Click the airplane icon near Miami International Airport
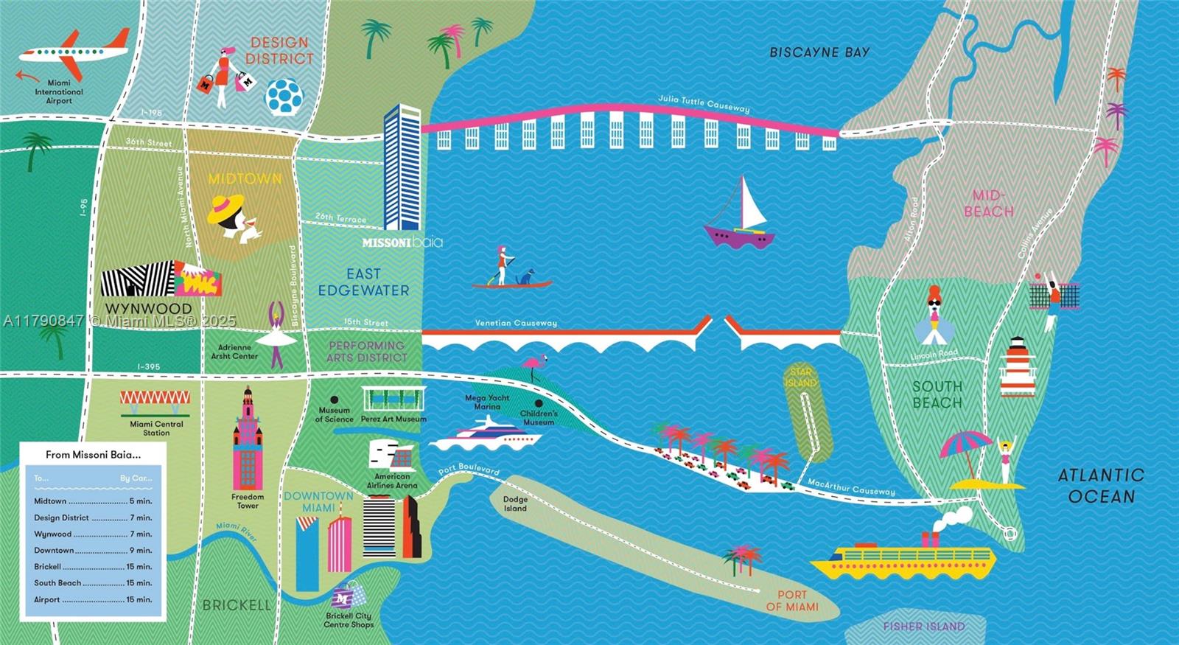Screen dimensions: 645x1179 [74, 52]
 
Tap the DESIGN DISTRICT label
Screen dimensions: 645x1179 [279, 51]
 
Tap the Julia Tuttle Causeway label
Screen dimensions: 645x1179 [703, 103]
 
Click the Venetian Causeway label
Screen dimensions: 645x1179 [516, 323]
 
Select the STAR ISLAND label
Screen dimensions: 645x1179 [800, 377]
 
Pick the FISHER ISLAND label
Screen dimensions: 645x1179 [923, 627]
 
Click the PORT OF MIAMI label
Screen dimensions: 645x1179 [792, 601]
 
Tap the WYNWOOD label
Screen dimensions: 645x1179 [148, 308]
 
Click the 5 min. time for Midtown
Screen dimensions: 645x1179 [140, 501]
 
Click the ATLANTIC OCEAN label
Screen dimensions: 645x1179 [1101, 486]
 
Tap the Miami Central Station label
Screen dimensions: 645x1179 [156, 428]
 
